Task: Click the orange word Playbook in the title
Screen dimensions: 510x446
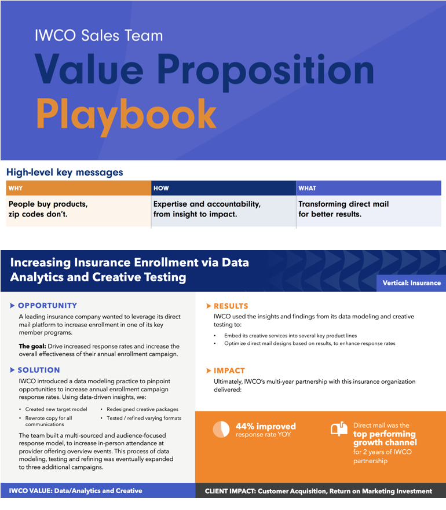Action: click(126, 113)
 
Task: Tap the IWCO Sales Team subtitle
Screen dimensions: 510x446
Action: click(98, 35)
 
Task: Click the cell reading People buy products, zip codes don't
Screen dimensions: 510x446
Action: click(48, 210)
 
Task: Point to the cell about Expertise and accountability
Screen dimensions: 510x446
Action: click(207, 210)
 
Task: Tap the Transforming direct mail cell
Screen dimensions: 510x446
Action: click(343, 210)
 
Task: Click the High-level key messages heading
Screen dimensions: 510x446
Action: click(64, 172)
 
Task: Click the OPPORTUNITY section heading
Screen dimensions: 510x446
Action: click(47, 306)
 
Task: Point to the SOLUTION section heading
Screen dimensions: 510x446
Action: click(39, 370)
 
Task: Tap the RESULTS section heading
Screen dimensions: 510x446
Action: click(231, 306)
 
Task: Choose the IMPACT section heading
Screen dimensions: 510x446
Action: click(229, 370)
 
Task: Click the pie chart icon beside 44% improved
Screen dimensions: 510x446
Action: click(221, 429)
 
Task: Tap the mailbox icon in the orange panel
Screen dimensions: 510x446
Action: click(339, 428)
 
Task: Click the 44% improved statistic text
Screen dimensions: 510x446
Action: click(265, 426)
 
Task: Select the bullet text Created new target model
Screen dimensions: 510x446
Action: click(56, 409)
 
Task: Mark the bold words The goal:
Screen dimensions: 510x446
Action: click(32, 346)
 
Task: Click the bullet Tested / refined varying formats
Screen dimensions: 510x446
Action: click(144, 418)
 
